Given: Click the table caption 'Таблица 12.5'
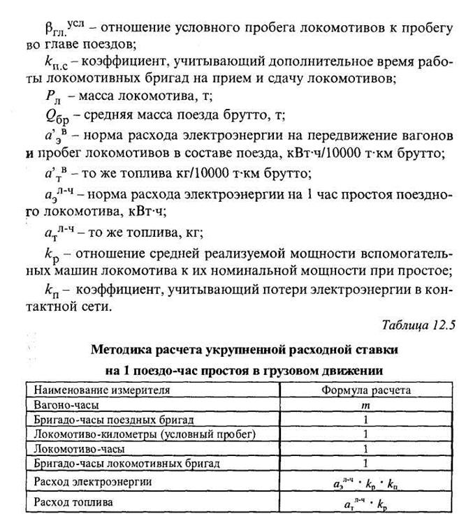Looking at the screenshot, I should pos(419,325).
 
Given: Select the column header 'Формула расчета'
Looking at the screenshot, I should pos(365,390).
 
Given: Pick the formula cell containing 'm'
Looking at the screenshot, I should pos(365,405).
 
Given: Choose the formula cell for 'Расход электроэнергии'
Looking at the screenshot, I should pos(365,482).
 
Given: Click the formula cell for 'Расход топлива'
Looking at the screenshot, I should pos(365,502).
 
